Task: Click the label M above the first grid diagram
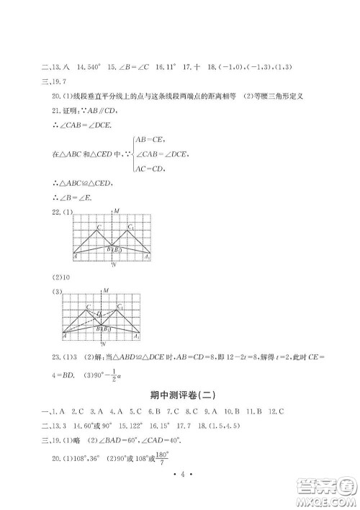click(x=115, y=211)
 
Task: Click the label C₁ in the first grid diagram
click(x=130, y=228)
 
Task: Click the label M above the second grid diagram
click(x=106, y=290)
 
